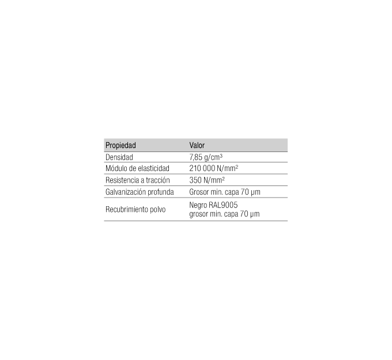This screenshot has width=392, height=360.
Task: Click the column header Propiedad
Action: point(120,145)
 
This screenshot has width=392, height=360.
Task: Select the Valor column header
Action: point(197,145)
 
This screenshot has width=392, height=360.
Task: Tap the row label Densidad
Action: point(119,157)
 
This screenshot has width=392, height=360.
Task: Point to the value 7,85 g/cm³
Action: point(206,157)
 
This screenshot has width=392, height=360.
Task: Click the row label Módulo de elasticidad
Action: point(137,168)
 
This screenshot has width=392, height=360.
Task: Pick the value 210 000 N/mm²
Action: point(213,168)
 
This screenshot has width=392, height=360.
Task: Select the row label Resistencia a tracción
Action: point(138,180)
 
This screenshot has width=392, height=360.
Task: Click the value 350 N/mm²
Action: point(207,180)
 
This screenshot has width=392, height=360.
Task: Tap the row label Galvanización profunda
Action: point(140,192)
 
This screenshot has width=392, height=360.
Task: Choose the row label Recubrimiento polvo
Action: point(135,209)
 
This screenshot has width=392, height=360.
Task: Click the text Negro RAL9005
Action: point(213,205)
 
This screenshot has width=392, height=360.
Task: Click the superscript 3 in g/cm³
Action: point(221,156)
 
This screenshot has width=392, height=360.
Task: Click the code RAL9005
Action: point(223,205)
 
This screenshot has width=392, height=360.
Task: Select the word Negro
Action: point(198,206)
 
